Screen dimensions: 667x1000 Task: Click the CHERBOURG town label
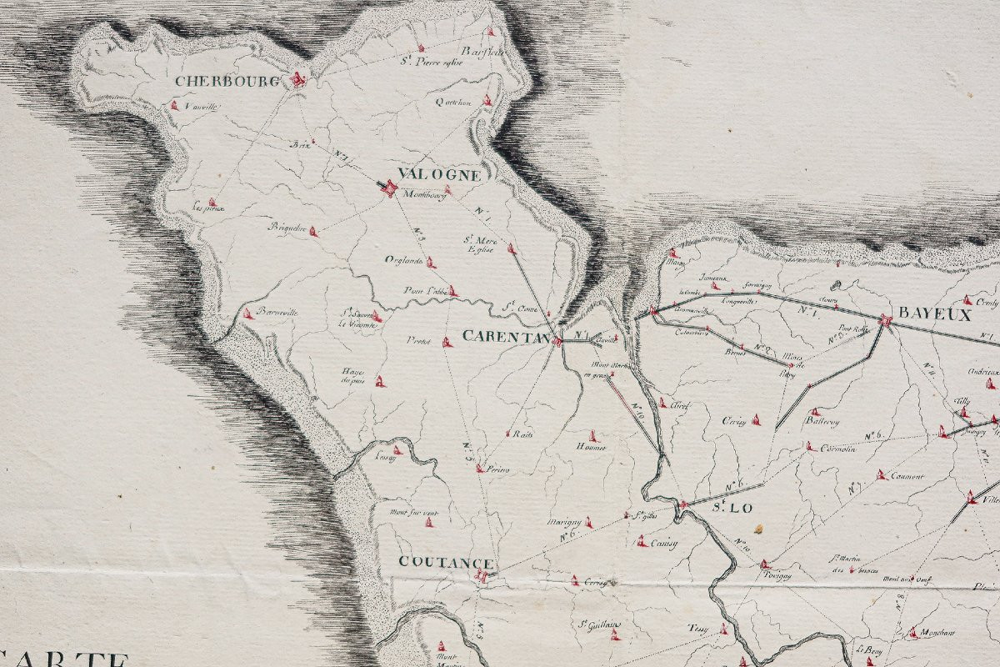[215, 82]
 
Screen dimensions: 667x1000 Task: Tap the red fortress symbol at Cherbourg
[297, 80]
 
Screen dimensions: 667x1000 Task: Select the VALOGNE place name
[439, 175]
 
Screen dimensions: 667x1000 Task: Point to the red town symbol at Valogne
[387, 189]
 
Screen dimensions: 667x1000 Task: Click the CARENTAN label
[505, 337]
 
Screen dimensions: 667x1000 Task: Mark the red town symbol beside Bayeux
[885, 319]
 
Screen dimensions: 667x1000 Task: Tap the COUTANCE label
[446, 563]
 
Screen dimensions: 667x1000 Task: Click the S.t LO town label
[720, 508]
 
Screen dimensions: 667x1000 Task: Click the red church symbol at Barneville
[247, 313]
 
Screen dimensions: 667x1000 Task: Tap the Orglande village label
[404, 260]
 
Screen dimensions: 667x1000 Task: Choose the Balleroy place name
[822, 423]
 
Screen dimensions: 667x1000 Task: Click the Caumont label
[907, 477]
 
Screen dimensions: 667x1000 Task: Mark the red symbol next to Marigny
[589, 523]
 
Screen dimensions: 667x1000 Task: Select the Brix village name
[299, 143]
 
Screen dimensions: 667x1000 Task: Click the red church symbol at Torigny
[765, 564]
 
